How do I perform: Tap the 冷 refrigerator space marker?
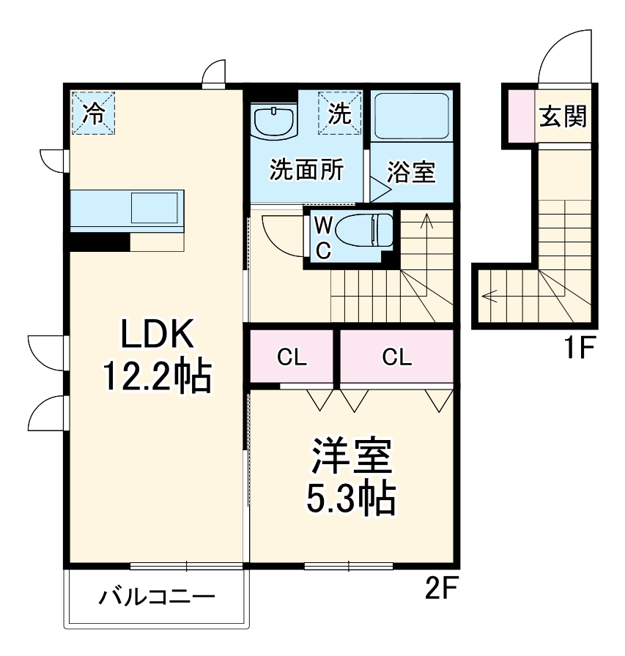click(x=93, y=113)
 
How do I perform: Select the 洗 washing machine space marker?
click(x=340, y=113)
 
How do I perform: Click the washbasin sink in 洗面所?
click(x=275, y=120)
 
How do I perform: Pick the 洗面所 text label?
click(x=306, y=171)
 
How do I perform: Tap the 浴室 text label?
click(x=411, y=172)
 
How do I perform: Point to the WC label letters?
click(x=322, y=237)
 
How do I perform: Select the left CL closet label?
click(x=292, y=358)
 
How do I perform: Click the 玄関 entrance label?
click(x=563, y=116)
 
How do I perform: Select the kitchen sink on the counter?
click(x=155, y=208)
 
